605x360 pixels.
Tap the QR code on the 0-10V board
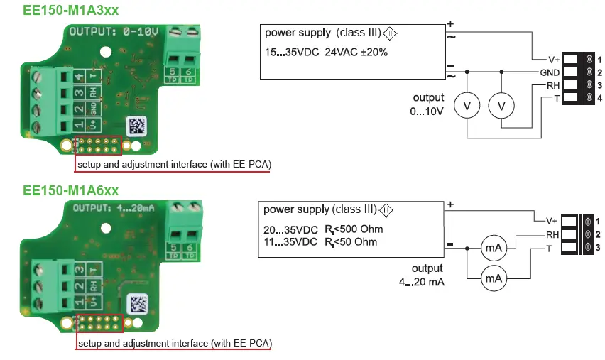pyautogui.click(x=138, y=127)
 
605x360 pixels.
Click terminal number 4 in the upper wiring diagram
pyautogui.click(x=599, y=97)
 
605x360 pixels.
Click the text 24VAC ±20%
pyautogui.click(x=356, y=52)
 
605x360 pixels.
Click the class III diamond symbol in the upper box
pyautogui.click(x=391, y=34)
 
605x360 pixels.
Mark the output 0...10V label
pyautogui.click(x=428, y=104)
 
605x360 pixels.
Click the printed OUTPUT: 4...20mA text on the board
pyautogui.click(x=115, y=207)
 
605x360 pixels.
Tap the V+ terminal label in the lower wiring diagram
pyautogui.click(x=552, y=221)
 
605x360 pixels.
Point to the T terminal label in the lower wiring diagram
pyautogui.click(x=549, y=248)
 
